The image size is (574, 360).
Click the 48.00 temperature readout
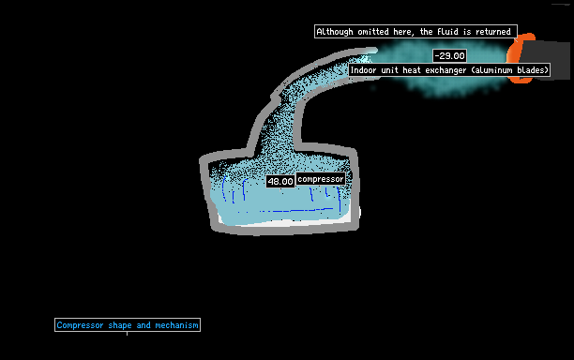click(x=280, y=181)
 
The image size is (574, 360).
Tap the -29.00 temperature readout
click(x=449, y=56)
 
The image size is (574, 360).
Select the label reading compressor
click(x=321, y=179)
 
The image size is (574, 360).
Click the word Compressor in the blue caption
click(x=80, y=325)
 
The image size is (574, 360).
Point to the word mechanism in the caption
click(x=176, y=325)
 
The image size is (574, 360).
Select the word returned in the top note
click(x=492, y=32)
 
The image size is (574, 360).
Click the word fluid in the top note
click(x=447, y=32)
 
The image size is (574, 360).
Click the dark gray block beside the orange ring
click(x=546, y=60)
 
